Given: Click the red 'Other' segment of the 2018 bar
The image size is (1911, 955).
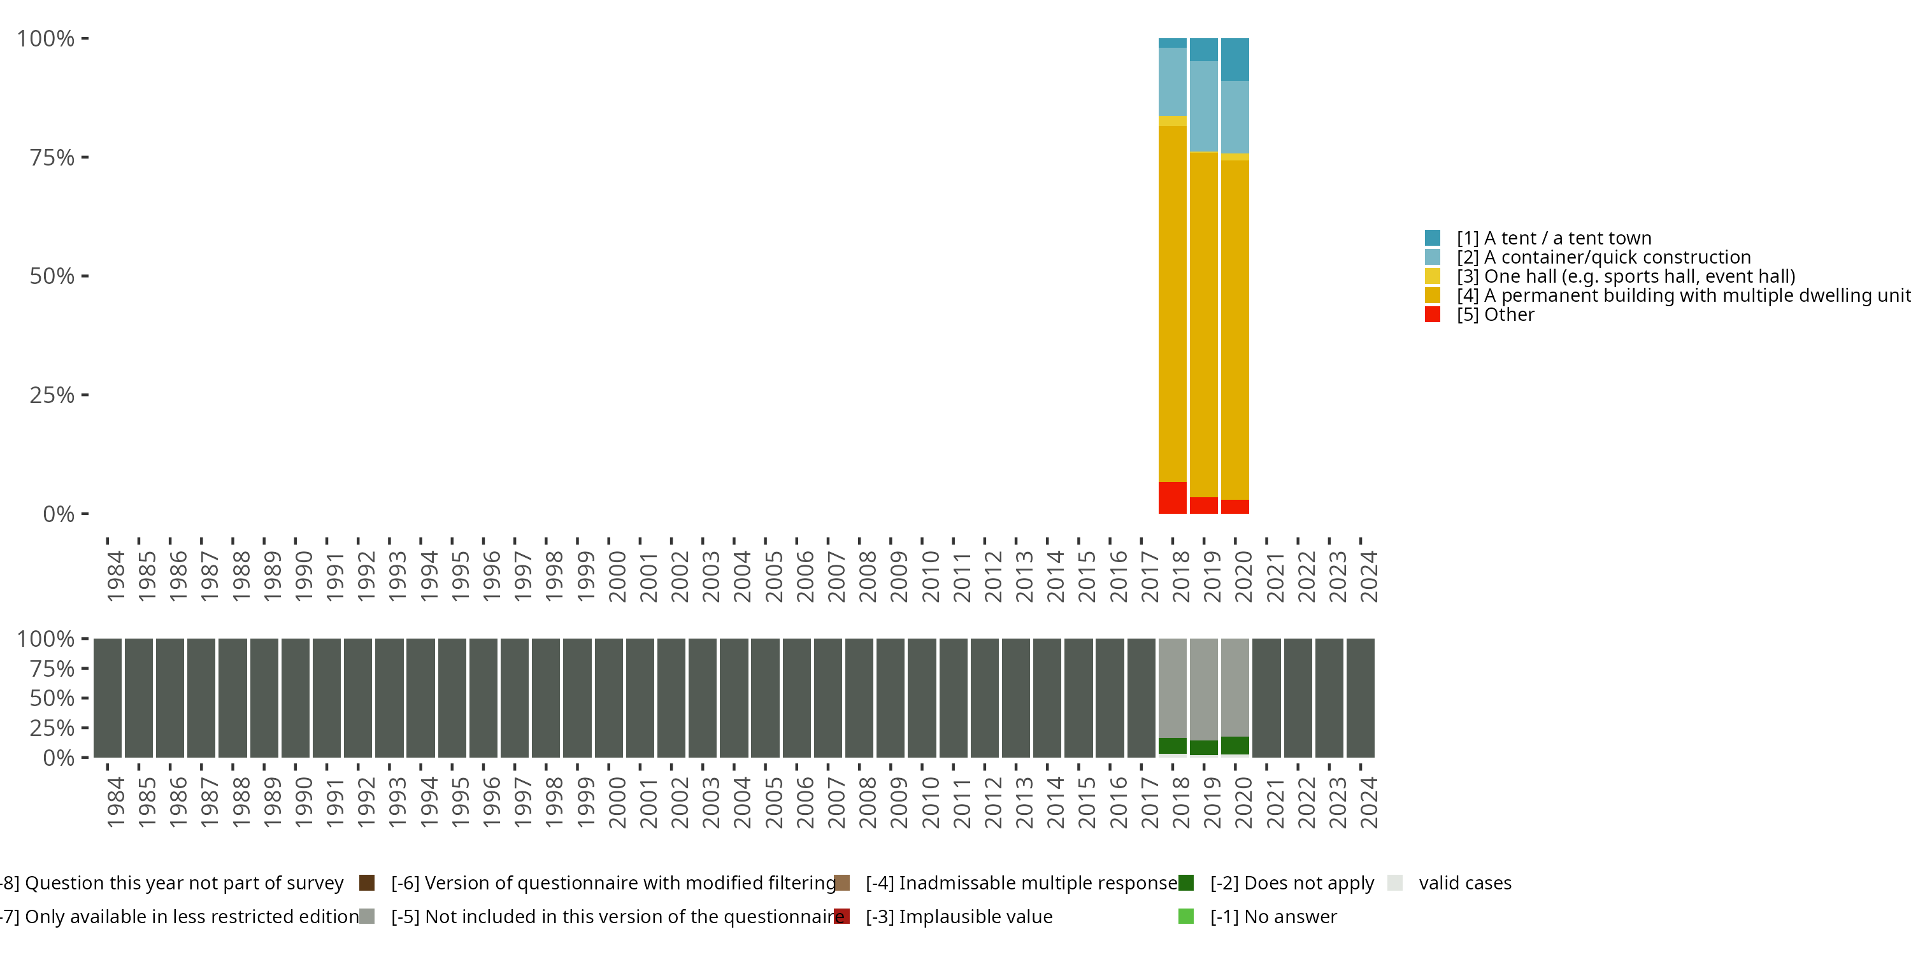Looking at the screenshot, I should (x=1172, y=497).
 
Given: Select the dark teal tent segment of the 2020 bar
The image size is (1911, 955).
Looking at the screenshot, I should (x=1235, y=59).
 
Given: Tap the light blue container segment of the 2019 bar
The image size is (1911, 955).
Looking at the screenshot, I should (x=1203, y=106).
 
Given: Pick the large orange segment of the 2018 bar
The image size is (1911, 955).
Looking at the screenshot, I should (x=1172, y=304).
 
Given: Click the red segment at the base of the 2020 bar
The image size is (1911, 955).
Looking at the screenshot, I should (x=1235, y=506).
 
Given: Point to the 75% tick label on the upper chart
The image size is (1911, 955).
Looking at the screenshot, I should (x=52, y=157).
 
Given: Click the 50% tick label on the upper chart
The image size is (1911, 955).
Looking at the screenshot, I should (x=52, y=276).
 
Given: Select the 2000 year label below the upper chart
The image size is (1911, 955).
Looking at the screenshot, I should (x=617, y=576).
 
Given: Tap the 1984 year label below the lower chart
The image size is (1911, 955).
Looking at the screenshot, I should (x=116, y=802).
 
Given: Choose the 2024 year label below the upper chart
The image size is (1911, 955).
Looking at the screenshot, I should (x=1369, y=576).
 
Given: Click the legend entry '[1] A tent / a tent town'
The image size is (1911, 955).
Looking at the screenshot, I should (x=1554, y=238).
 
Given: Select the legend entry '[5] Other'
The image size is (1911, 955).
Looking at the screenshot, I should (x=1495, y=315).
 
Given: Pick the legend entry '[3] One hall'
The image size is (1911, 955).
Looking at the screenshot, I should (x=1624, y=276).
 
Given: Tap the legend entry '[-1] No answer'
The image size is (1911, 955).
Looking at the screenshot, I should (x=1273, y=916).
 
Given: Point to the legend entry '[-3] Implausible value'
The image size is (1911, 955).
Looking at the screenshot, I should (x=959, y=916).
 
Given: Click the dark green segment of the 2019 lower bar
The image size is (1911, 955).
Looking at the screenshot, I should (x=1203, y=747).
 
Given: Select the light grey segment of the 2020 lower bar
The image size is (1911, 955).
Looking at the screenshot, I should (x=1235, y=686).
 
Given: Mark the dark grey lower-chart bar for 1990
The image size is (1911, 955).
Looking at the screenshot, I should (x=296, y=698).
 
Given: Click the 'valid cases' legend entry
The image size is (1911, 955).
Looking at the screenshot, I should (x=1464, y=883).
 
